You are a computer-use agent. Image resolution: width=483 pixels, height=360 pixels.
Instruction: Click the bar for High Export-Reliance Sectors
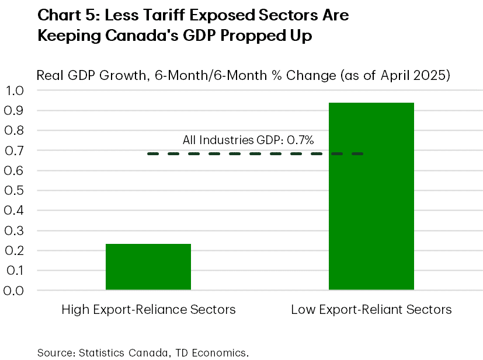click(148, 267)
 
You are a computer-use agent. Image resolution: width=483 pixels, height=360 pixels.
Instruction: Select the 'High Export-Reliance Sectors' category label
click(148, 310)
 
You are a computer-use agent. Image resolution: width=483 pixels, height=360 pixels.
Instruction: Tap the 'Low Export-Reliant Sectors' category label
click(371, 310)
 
